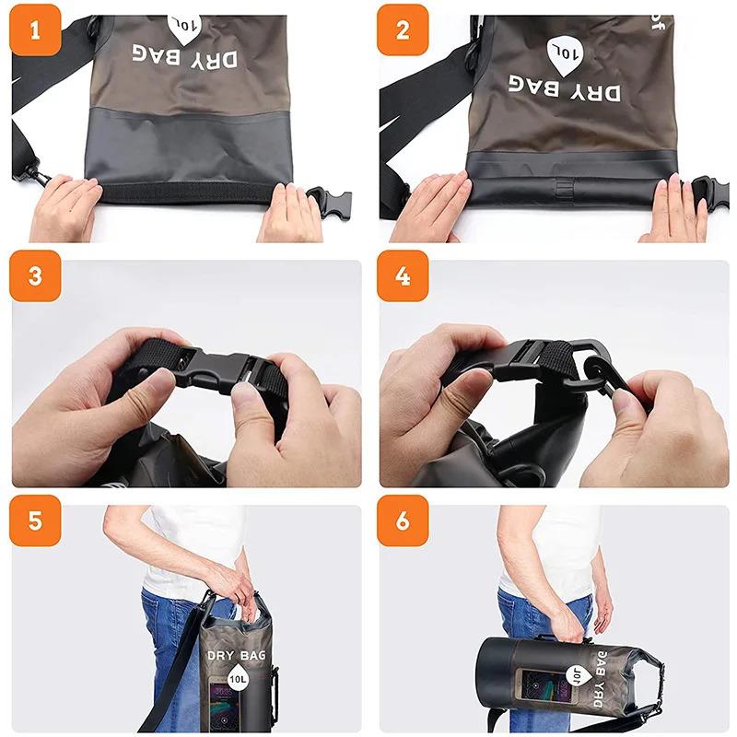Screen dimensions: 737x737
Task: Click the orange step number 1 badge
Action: [x=35, y=29]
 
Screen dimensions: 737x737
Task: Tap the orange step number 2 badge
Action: [x=403, y=29]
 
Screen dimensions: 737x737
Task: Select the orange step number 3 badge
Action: [x=35, y=276]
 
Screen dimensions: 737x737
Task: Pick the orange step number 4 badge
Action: [x=403, y=276]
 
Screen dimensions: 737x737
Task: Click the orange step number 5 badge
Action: [x=35, y=521]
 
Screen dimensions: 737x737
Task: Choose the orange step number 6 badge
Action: [x=403, y=521]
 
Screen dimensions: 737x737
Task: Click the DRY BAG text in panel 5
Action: [x=237, y=655]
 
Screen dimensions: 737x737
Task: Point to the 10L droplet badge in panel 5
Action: [x=238, y=681]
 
